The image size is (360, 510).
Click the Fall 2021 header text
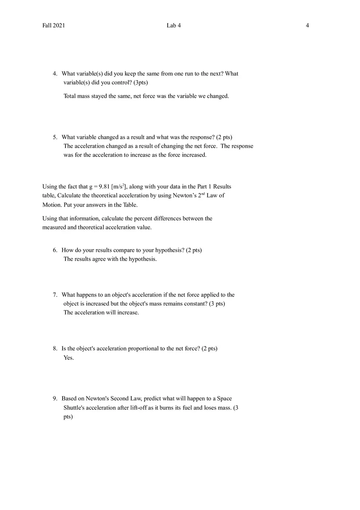[54, 25]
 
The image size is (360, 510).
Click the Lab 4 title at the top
[173, 25]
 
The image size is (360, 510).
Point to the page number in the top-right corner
[307, 25]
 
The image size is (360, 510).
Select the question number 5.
[55, 137]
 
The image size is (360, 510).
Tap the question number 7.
[55, 295]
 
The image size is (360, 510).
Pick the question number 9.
[55, 399]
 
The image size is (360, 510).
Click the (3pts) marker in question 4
[141, 83]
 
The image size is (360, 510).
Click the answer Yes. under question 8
[69, 358]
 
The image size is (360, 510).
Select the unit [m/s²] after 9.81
[119, 187]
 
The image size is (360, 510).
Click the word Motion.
[51, 205]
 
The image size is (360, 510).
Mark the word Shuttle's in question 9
[74, 408]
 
